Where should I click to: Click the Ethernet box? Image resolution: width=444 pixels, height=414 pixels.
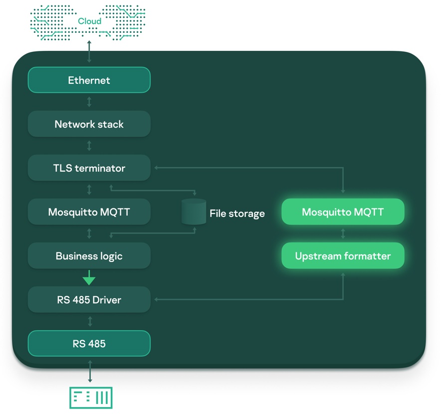click(x=89, y=80)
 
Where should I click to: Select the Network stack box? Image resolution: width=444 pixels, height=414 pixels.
click(x=89, y=124)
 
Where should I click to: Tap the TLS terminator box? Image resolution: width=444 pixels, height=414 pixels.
click(x=89, y=168)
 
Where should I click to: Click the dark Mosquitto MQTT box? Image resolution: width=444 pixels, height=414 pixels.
click(x=89, y=212)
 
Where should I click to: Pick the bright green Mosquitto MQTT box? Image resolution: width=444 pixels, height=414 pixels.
click(x=343, y=212)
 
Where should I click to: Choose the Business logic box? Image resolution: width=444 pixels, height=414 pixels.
click(x=89, y=256)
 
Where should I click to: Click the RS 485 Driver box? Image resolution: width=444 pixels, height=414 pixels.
click(x=89, y=300)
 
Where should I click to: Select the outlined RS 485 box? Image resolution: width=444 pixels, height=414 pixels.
click(x=89, y=344)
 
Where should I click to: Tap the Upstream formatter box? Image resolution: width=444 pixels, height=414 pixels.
click(x=343, y=256)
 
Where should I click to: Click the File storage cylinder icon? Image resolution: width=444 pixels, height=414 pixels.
click(x=194, y=212)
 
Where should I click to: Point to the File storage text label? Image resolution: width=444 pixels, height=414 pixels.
click(x=237, y=213)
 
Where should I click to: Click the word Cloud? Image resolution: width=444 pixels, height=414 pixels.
click(x=89, y=21)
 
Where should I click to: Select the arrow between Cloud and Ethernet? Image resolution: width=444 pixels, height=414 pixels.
click(x=89, y=52)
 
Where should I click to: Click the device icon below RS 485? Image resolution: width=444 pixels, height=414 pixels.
click(x=90, y=398)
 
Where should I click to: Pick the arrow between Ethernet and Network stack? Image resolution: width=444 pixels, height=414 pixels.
click(x=89, y=102)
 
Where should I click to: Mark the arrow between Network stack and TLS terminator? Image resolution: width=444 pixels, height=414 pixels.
click(x=89, y=146)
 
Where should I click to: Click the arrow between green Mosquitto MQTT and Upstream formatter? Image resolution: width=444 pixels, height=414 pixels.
click(x=343, y=234)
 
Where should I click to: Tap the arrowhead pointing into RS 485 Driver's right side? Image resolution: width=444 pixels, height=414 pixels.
click(x=157, y=300)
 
